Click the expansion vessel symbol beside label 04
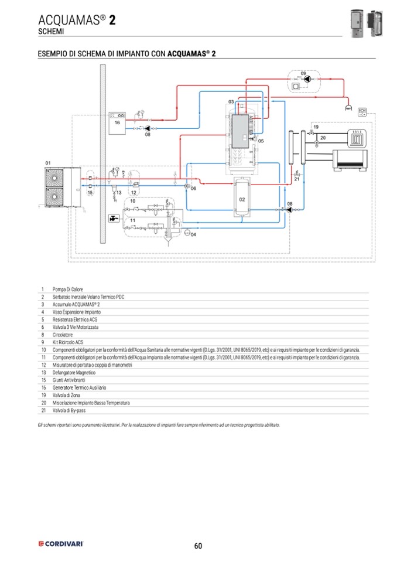point(186,233)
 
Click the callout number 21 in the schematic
point(297,179)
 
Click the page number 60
point(198,546)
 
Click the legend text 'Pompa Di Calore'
point(68,289)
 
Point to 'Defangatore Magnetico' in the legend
point(74,372)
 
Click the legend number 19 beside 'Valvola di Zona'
point(43,395)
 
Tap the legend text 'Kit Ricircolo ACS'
point(68,342)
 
